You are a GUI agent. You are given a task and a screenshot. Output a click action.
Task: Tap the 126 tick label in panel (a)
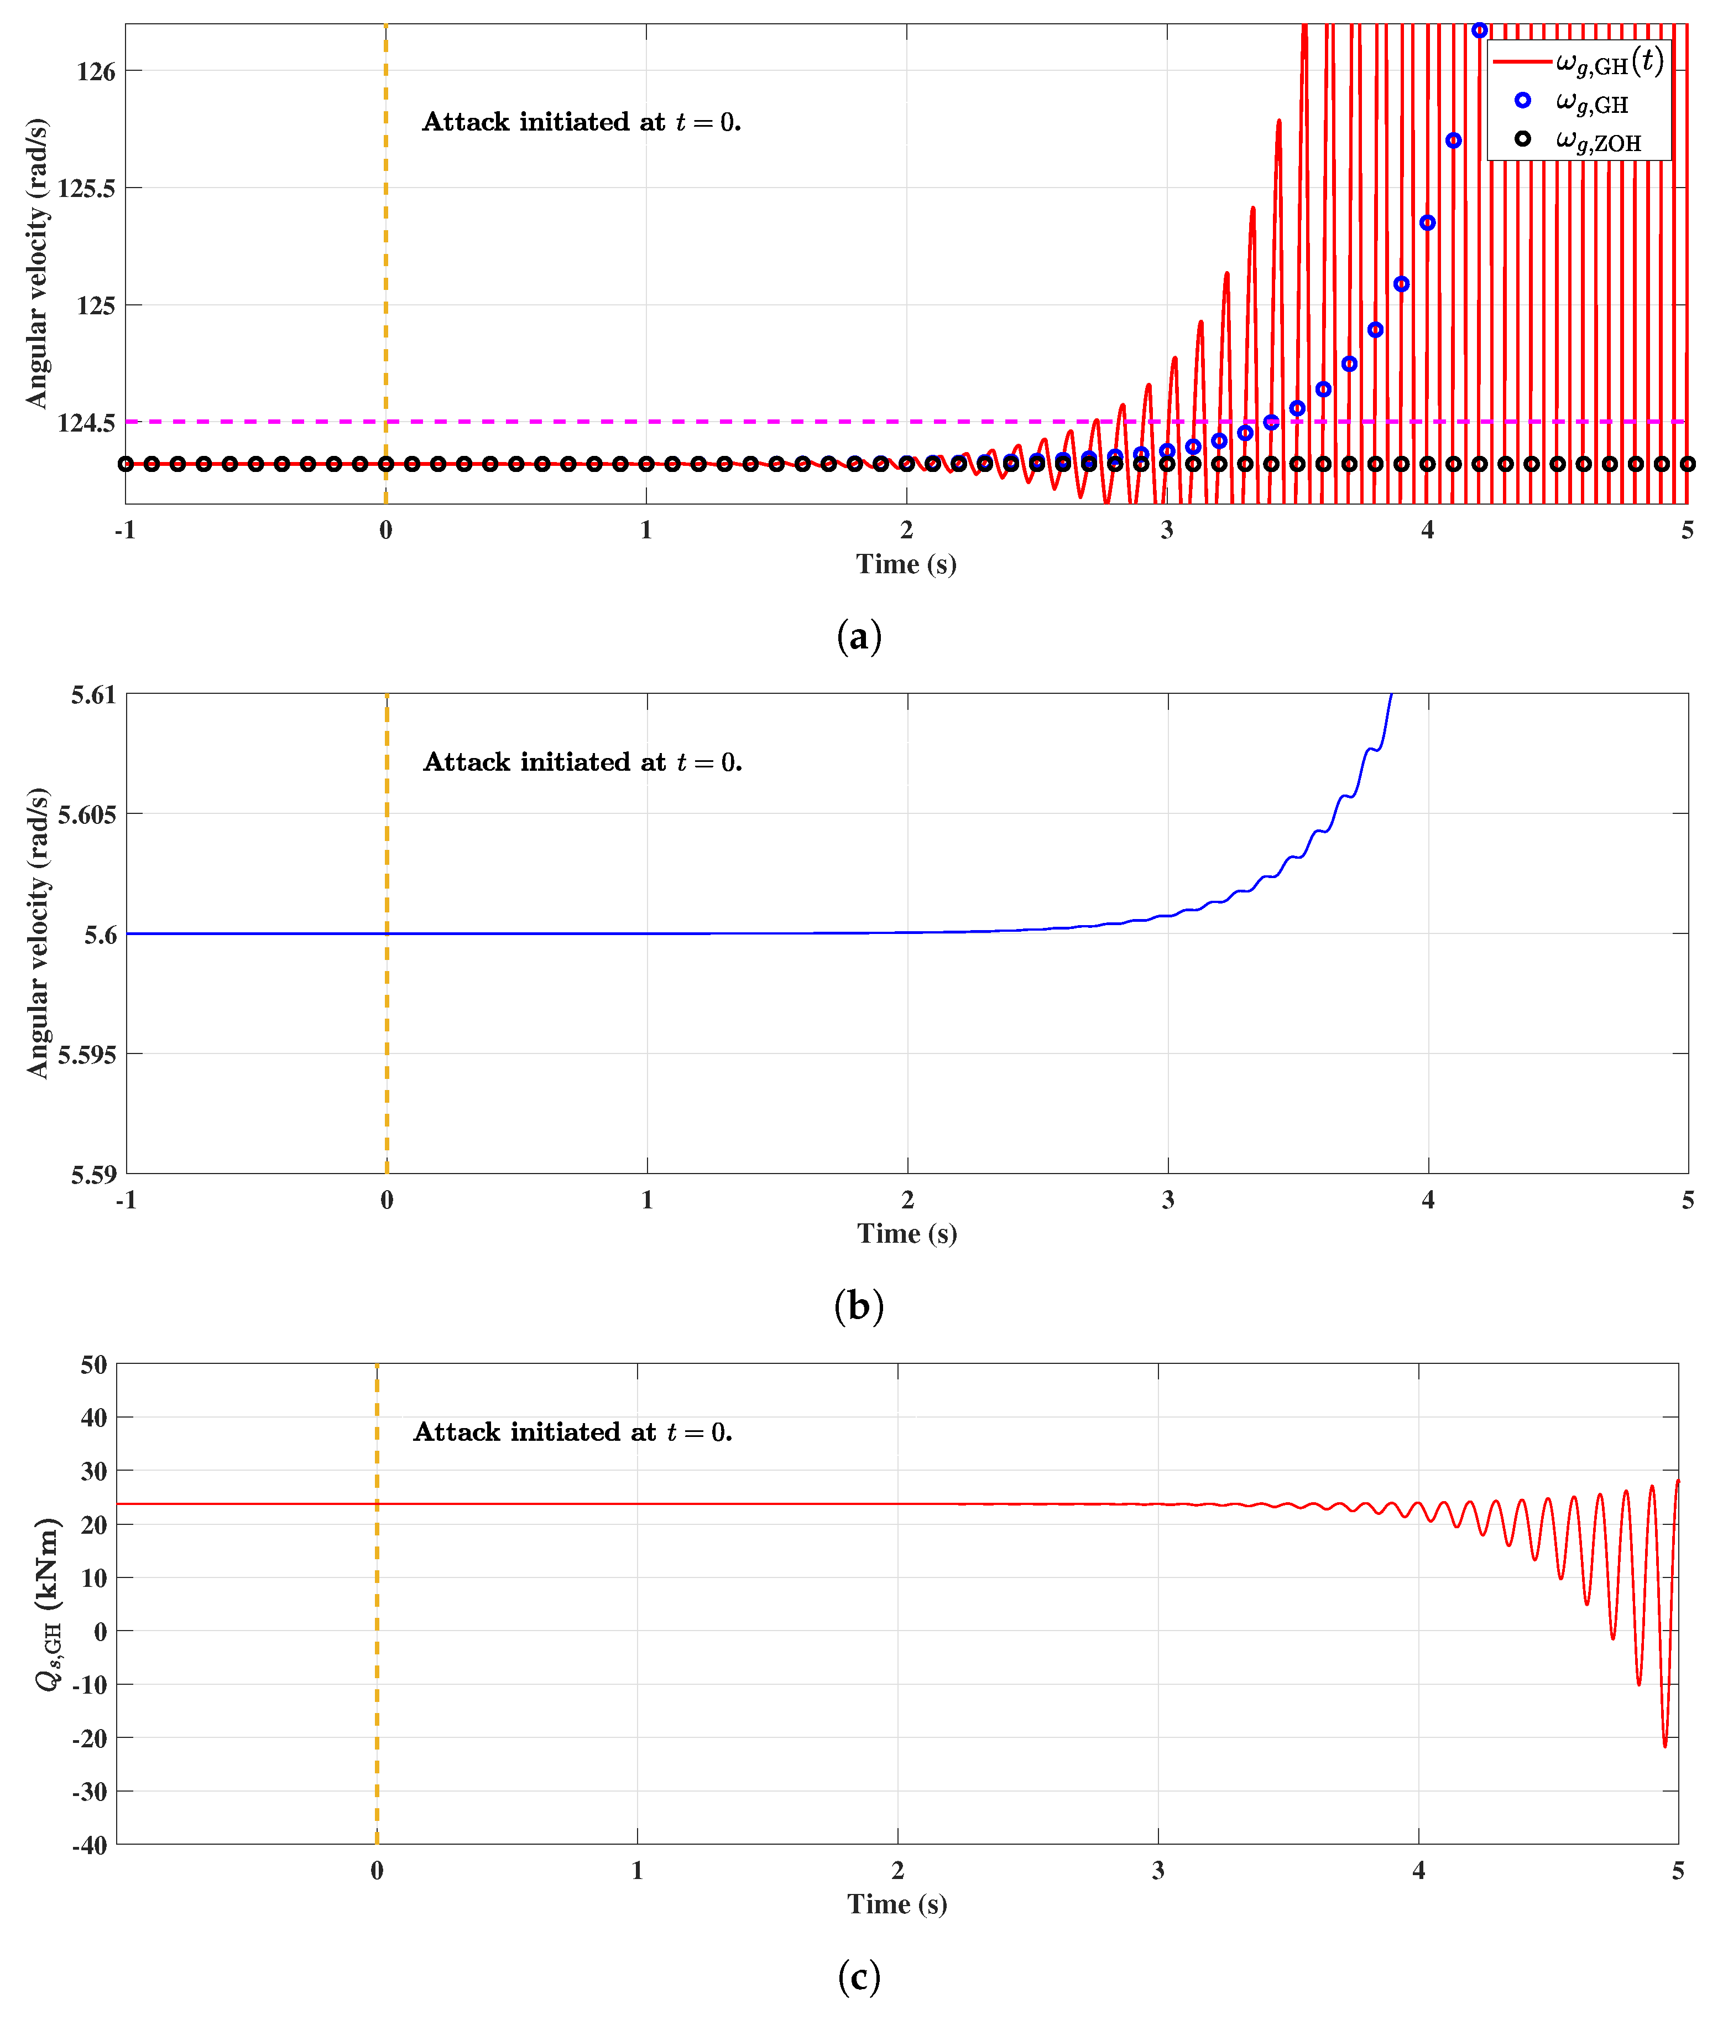(x=96, y=71)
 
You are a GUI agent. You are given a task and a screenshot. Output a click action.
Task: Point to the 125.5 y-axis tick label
(x=86, y=188)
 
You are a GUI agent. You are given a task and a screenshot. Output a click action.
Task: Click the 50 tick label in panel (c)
(x=93, y=1365)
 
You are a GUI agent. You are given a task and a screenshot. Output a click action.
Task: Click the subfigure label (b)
(x=859, y=1306)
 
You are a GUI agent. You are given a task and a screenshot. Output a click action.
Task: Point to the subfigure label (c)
(x=859, y=1977)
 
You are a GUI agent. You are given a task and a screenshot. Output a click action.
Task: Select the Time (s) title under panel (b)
(x=907, y=1234)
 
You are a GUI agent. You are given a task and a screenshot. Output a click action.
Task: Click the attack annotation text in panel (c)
(x=573, y=1431)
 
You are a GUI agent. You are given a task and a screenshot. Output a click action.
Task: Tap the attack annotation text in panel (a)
(x=582, y=122)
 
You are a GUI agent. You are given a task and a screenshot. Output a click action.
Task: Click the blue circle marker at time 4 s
(x=1427, y=223)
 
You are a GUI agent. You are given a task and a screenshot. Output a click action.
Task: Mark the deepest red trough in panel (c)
(x=1664, y=1744)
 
